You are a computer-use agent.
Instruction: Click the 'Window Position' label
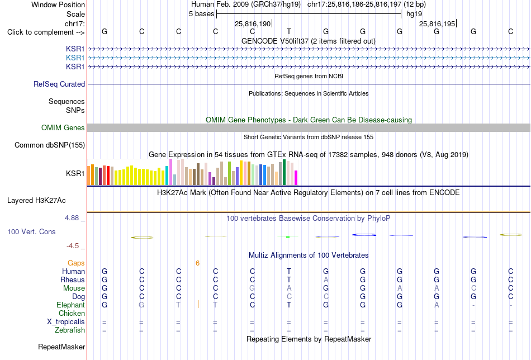[58, 4]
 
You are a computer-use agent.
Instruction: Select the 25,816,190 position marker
[253, 23]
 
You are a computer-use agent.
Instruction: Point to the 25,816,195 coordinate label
[438, 23]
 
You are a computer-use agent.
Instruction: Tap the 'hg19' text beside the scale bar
[414, 14]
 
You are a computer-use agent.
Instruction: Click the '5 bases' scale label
[201, 14]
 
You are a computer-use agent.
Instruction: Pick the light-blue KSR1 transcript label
[75, 58]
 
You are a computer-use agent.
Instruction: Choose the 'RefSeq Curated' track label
[59, 84]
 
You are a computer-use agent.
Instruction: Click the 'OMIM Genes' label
[63, 127]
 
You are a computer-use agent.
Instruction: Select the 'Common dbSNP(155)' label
[50, 145]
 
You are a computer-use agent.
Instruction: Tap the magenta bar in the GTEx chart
[296, 178]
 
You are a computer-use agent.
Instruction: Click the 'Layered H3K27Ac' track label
[36, 201]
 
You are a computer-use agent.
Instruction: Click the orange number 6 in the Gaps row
[197, 263]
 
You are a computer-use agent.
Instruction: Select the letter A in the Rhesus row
[326, 280]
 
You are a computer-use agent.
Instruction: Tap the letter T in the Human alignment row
[289, 271]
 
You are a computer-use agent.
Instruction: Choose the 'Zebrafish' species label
[70, 330]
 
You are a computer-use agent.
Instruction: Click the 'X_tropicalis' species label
[66, 322]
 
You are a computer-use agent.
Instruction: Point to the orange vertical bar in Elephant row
[198, 304]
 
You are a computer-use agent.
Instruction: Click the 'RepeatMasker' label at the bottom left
[61, 347]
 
